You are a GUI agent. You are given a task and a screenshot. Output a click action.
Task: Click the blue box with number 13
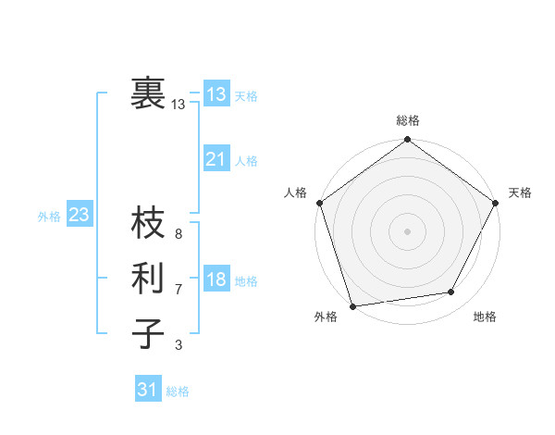[216, 93]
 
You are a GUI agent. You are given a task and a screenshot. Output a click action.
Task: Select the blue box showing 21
[216, 159]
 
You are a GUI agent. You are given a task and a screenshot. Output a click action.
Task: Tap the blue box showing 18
[216, 280]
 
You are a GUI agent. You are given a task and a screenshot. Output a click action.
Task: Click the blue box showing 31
[148, 390]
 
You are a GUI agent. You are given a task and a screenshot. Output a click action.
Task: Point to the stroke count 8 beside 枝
[179, 233]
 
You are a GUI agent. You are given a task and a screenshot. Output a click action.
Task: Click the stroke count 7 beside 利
[179, 289]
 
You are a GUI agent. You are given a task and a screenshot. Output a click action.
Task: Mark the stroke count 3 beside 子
[179, 345]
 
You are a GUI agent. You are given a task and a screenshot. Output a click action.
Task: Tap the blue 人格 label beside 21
[246, 161]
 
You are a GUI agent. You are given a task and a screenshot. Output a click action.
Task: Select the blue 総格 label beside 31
[178, 391]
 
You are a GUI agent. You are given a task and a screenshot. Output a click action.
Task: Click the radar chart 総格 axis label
[408, 120]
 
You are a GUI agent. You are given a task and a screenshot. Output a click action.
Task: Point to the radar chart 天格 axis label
[520, 193]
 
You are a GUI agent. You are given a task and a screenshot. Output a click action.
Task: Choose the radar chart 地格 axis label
[485, 317]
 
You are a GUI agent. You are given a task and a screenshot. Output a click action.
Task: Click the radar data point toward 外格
[352, 306]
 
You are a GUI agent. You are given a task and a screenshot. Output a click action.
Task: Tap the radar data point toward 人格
[320, 202]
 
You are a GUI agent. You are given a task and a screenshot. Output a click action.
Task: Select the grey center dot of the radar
[408, 230]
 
